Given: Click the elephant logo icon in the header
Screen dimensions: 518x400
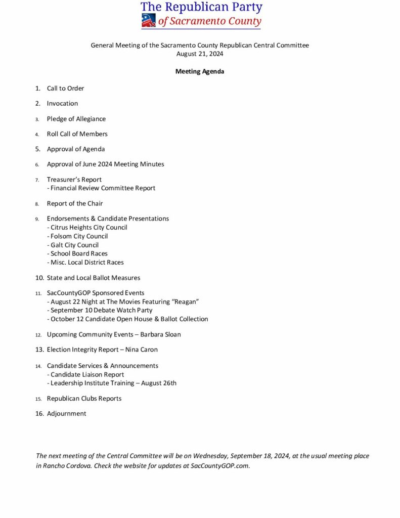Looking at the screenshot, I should point(149,20).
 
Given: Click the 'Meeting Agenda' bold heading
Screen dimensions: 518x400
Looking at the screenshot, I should point(200,71).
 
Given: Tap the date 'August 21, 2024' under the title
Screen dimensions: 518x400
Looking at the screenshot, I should point(200,54).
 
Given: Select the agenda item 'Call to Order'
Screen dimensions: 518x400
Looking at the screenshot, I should point(65,89).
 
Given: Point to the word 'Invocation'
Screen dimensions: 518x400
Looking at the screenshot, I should point(62,104).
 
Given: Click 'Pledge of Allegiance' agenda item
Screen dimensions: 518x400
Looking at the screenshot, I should point(76,119).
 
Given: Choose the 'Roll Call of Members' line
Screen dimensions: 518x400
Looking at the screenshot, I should point(77,134).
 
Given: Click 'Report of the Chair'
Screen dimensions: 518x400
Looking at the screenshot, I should point(75,203).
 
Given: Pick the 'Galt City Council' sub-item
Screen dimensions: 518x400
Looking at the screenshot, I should point(74,245).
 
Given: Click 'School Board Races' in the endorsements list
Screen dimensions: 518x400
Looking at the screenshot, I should point(79,253).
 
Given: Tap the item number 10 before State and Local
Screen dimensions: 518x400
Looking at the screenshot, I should point(39,278).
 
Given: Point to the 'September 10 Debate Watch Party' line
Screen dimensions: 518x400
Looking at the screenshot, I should point(101,310).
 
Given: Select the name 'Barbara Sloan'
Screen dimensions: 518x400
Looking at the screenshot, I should point(160,334).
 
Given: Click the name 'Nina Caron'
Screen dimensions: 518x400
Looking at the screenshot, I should point(141,350).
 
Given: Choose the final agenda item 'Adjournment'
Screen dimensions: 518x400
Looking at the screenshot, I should point(66,413).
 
